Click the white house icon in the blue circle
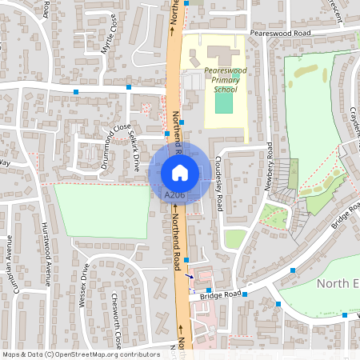tap(179, 172)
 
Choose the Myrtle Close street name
tap(108, 35)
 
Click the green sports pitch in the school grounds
tap(224, 103)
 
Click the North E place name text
tap(336, 283)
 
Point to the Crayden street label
tap(353, 120)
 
